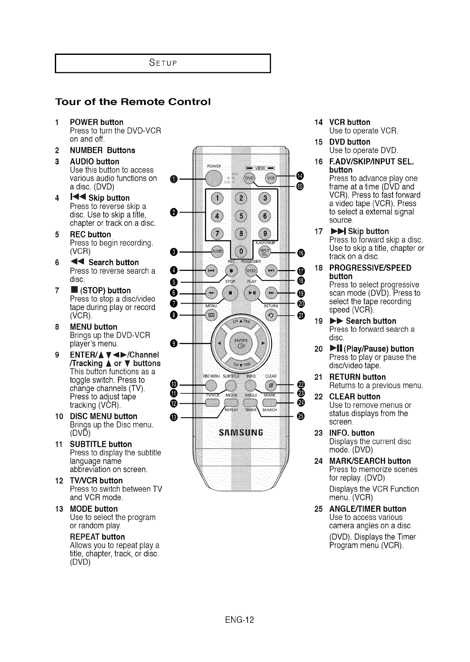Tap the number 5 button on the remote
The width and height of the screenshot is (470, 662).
pos(240,215)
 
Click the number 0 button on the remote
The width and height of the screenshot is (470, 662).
pos(240,251)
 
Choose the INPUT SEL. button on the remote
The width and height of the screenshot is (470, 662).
pos(264,251)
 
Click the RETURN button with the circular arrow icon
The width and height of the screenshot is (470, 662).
pos(271,315)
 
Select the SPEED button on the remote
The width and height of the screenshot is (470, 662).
pos(252,270)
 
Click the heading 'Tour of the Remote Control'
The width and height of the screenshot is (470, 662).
pos(133,102)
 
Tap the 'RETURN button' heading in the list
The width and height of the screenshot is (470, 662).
pos(357,377)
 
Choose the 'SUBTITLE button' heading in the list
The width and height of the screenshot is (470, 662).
pos(101,444)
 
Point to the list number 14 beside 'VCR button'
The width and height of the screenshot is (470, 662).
pos(318,122)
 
